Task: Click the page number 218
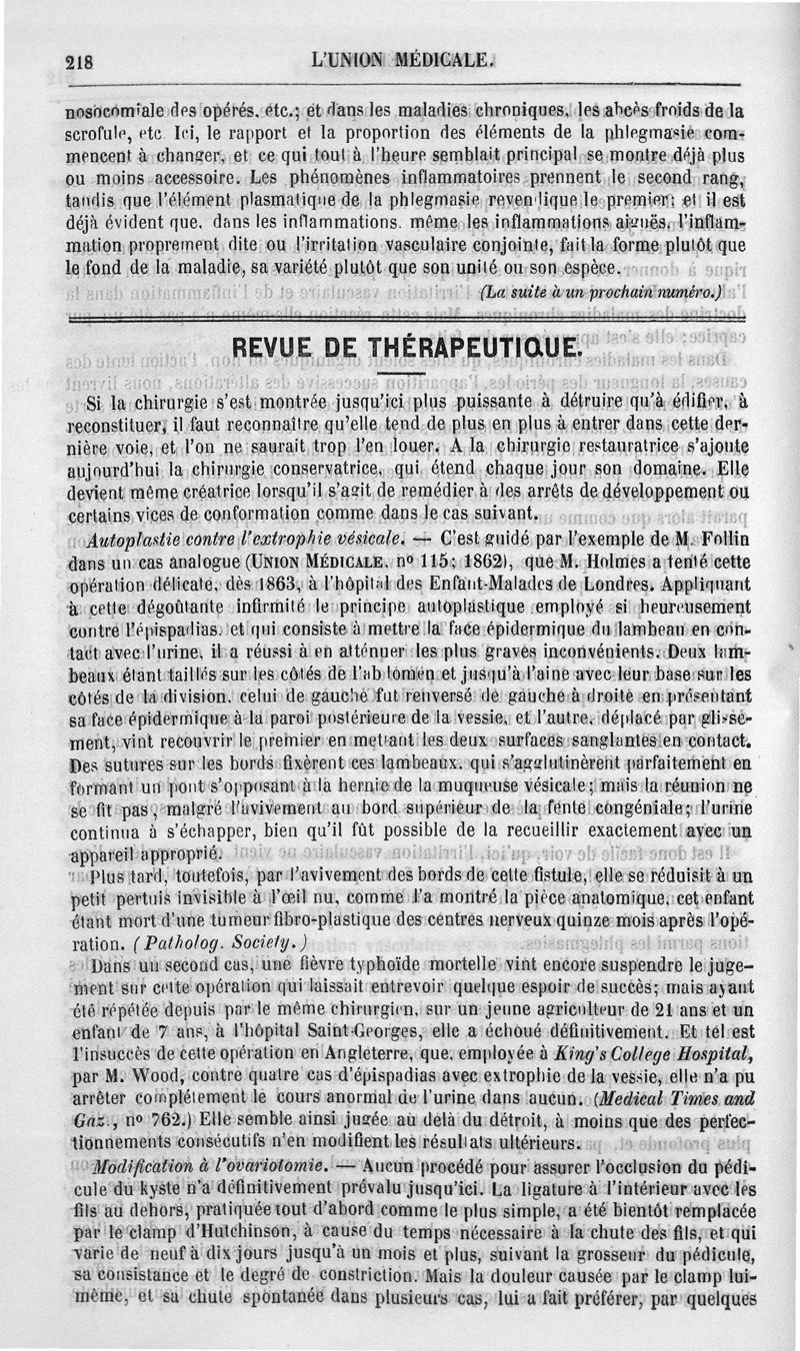click(79, 60)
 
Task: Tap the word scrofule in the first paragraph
click(94, 132)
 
